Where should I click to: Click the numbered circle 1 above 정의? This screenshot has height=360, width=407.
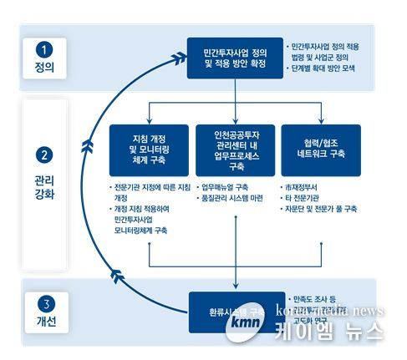pyautogui.click(x=46, y=48)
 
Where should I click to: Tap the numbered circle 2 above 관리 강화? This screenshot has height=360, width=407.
pyautogui.click(x=46, y=156)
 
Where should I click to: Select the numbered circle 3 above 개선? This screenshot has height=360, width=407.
pyautogui.click(x=46, y=303)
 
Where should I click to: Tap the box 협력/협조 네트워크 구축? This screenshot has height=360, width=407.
pyautogui.click(x=320, y=147)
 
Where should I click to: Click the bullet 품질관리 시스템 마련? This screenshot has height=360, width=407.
pyautogui.click(x=231, y=199)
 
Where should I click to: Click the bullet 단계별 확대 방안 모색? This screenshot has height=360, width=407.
pyautogui.click(x=327, y=68)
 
